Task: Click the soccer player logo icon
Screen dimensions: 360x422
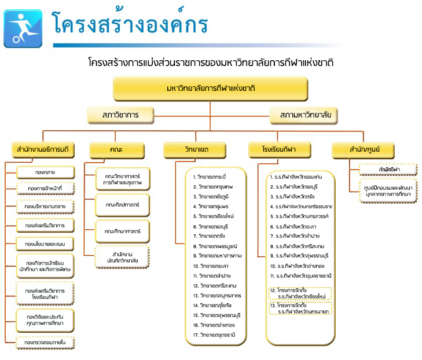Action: pos(23,28)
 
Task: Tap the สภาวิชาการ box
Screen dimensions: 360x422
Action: pos(121,115)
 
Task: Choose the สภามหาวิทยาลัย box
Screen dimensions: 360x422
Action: pos(304,115)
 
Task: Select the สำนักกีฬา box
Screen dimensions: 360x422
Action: pos(388,169)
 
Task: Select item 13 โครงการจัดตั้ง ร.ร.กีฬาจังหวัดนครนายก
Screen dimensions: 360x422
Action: pos(300,308)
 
